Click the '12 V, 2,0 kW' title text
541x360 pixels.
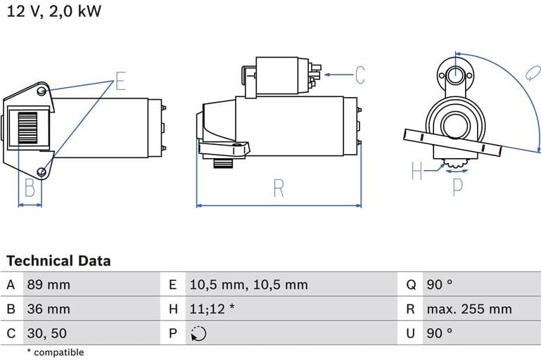(54, 13)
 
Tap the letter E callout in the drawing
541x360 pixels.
(120, 82)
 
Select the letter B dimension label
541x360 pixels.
(30, 188)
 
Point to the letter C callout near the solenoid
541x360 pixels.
(359, 75)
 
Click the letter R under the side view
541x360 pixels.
(279, 188)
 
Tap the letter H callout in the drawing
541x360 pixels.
(417, 170)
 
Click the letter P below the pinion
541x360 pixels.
(458, 186)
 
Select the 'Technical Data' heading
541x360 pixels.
(58, 261)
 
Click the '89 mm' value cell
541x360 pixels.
(49, 285)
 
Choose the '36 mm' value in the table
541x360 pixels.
(49, 309)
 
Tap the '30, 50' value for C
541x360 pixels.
(47, 333)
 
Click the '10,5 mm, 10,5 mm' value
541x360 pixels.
(248, 285)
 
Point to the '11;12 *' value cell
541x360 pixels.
(212, 309)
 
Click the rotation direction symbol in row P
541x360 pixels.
(198, 334)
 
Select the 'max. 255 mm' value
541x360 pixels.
(469, 309)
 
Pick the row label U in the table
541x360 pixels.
(410, 333)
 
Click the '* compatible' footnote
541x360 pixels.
(55, 352)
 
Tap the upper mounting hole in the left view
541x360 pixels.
(43, 91)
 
